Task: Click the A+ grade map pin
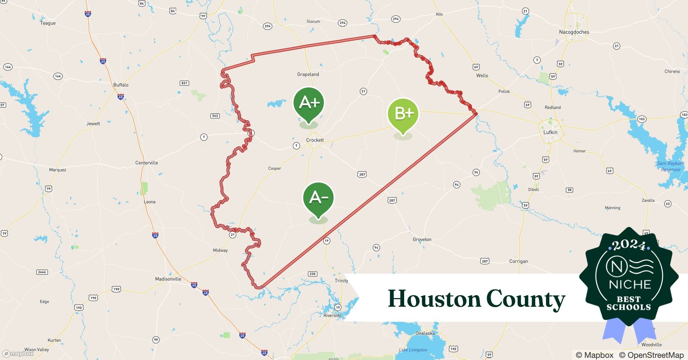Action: (x=309, y=104)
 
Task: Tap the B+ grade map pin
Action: (x=403, y=114)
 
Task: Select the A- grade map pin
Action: (x=318, y=198)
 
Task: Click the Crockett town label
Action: (x=315, y=140)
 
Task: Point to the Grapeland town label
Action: (x=308, y=75)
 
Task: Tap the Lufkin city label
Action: (x=550, y=132)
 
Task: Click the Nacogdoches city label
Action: (x=574, y=32)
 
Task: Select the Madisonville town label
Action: (x=168, y=279)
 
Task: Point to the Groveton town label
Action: (x=422, y=239)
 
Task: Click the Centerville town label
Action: (x=147, y=163)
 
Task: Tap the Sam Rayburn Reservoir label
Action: (x=670, y=166)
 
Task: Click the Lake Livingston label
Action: (x=413, y=350)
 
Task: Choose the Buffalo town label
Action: (x=121, y=85)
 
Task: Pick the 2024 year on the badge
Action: (x=629, y=246)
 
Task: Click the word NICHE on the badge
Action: (x=630, y=284)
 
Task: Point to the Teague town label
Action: (x=48, y=23)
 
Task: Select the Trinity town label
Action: (x=341, y=281)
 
